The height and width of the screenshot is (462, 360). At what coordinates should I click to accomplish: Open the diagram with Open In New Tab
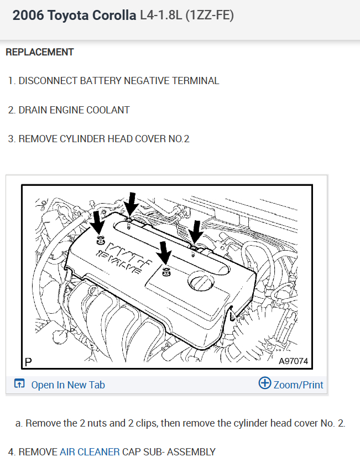[x=67, y=385]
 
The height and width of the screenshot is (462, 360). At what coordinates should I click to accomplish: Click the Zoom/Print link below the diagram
[x=298, y=385]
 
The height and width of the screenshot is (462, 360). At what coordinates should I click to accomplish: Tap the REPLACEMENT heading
[x=39, y=52]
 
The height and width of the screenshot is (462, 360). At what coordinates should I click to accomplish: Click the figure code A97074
[x=293, y=361]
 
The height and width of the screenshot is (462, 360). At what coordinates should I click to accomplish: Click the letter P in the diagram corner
[x=28, y=362]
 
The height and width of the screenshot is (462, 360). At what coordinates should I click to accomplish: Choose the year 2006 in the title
[x=28, y=15]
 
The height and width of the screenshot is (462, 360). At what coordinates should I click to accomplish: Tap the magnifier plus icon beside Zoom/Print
[x=265, y=383]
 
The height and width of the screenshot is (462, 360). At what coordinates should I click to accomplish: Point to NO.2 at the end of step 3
[x=179, y=139]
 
